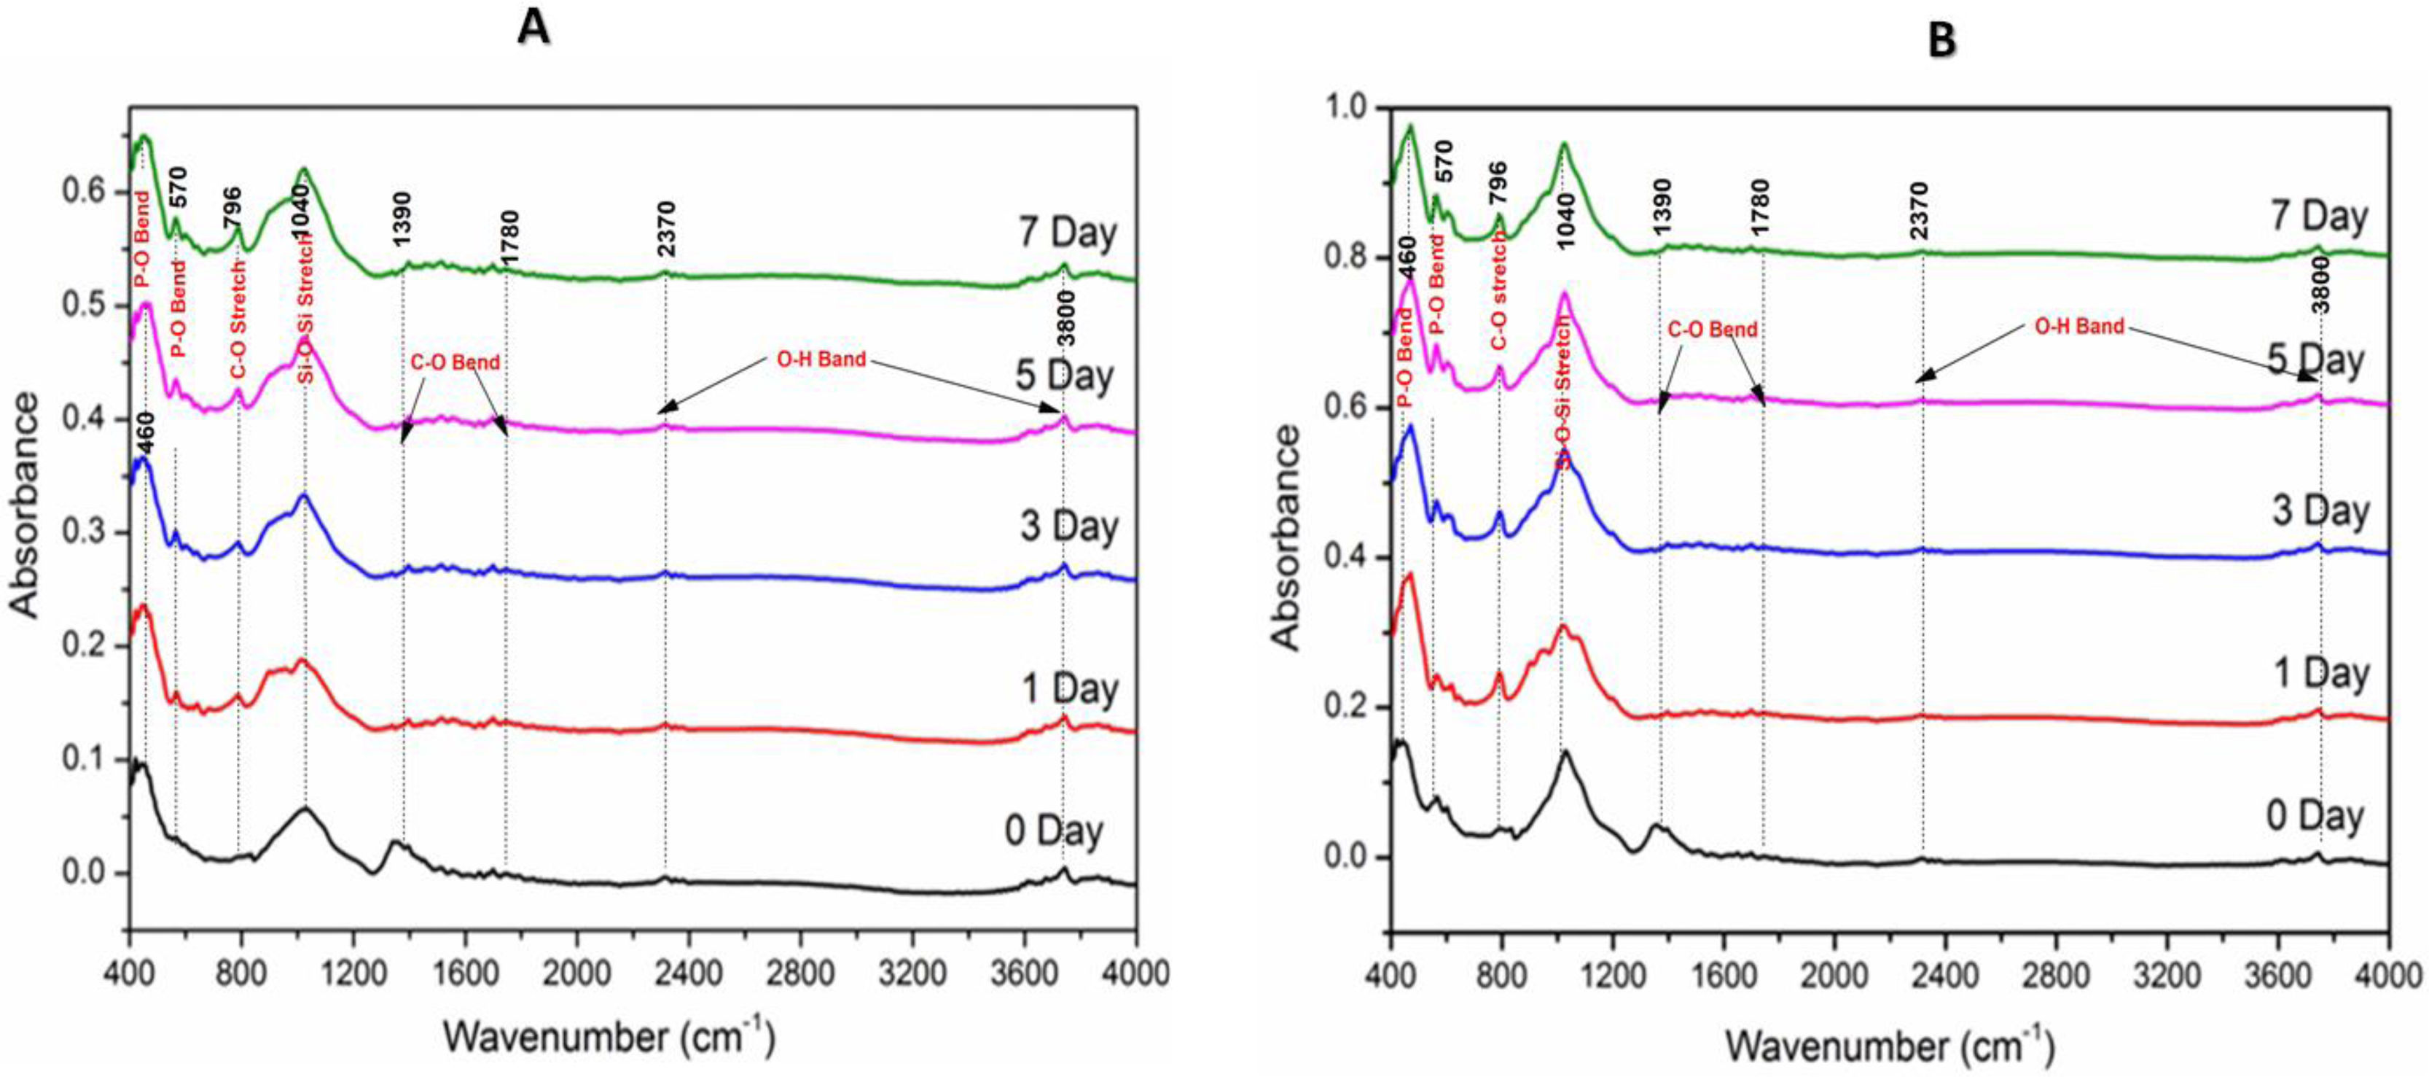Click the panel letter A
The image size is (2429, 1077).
point(533,28)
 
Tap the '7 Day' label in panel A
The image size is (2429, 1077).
point(1068,232)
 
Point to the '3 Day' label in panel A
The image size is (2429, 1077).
point(1068,525)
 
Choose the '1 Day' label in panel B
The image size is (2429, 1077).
point(2320,673)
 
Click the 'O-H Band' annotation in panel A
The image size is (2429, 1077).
point(821,359)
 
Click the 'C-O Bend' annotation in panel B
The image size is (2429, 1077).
point(1713,330)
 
